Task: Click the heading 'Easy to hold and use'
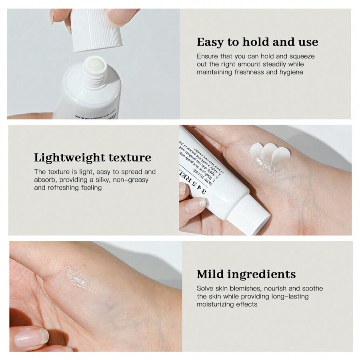(x=257, y=42)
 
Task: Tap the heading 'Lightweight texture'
(x=92, y=158)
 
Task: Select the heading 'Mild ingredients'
(x=246, y=274)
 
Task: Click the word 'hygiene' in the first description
(x=290, y=72)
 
